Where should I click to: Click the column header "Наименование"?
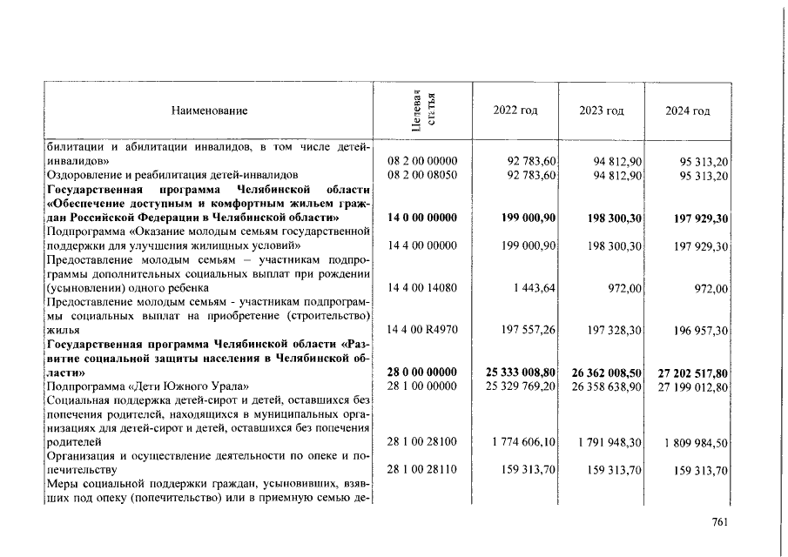209,111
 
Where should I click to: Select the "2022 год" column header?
515,111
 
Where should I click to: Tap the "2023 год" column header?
602,111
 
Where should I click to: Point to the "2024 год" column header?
688,111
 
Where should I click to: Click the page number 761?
719,522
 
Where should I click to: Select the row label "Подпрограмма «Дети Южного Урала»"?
148,386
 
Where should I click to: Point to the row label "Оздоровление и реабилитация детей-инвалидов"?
172,175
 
